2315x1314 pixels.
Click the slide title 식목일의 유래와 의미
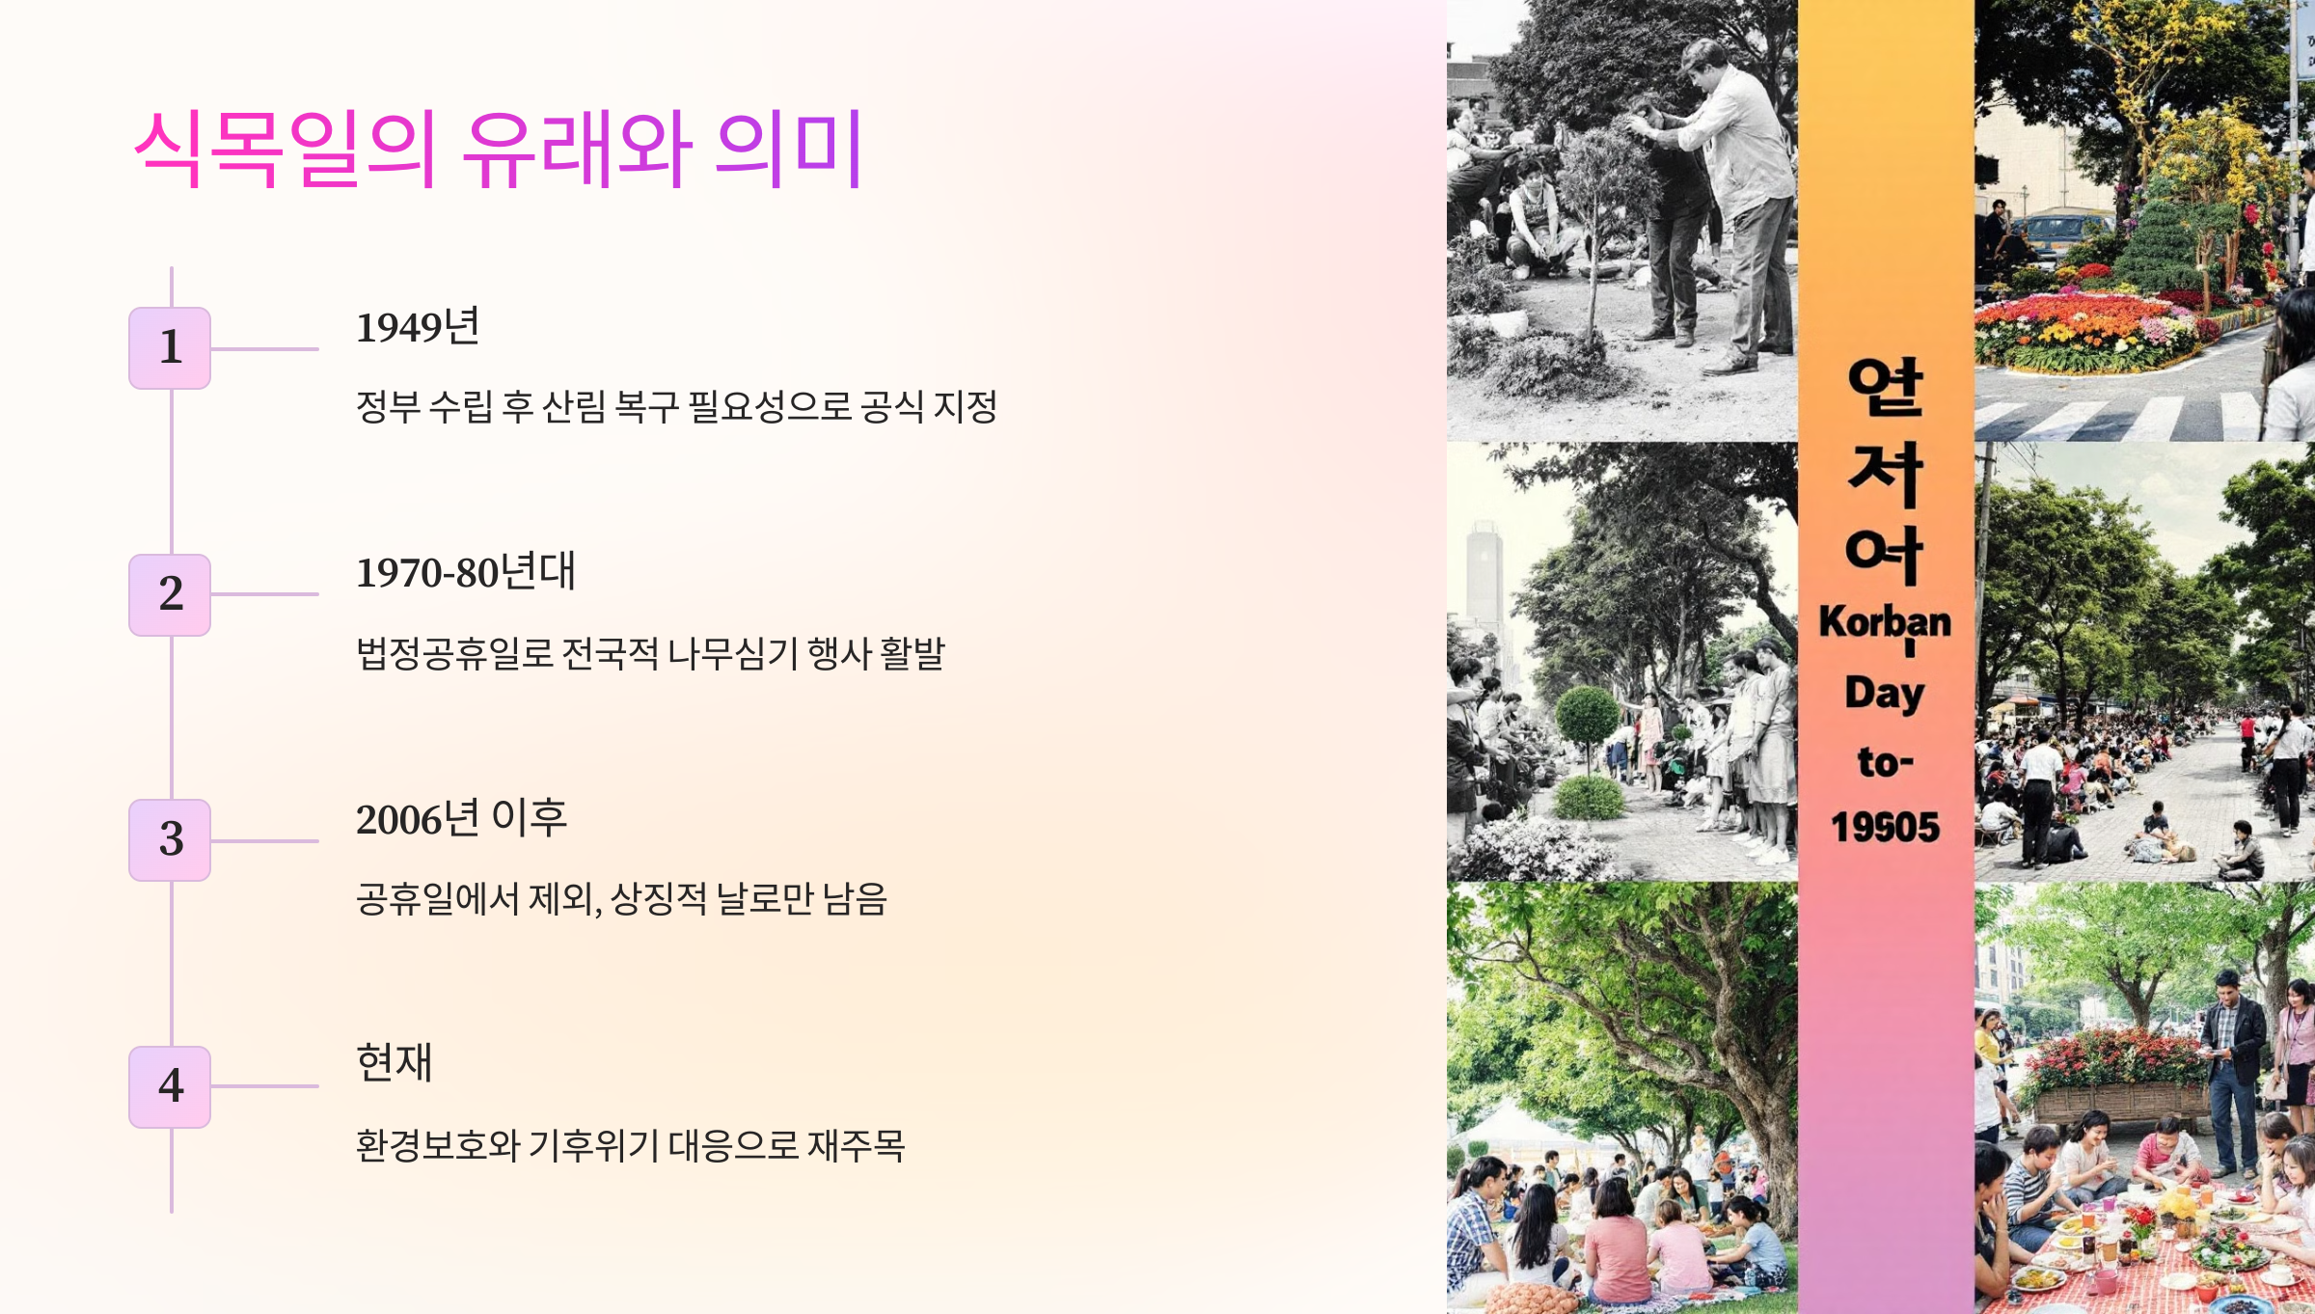tap(498, 150)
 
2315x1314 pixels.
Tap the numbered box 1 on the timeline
tap(170, 348)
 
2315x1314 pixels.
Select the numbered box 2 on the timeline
tap(170, 594)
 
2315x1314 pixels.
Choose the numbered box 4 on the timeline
tap(170, 1086)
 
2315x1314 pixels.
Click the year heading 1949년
tap(418, 328)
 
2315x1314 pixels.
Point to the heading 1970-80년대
tap(466, 573)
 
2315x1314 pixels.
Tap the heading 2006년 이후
tap(461, 819)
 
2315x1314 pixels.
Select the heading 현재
tap(395, 1063)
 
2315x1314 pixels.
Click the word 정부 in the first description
tap(388, 407)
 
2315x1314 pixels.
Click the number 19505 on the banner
tap(1885, 828)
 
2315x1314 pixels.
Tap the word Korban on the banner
tap(1885, 623)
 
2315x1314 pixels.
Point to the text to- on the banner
tap(1885, 762)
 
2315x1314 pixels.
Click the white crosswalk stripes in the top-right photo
tap(2122, 417)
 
